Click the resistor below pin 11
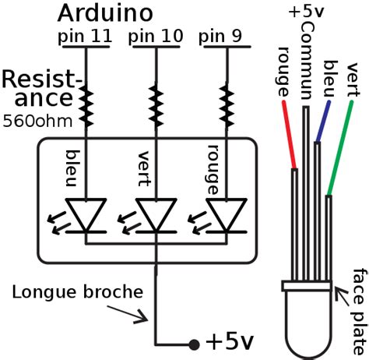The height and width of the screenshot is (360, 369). [x=84, y=108]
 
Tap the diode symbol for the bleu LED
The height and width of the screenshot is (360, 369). [x=84, y=215]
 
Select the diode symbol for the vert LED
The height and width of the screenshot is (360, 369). [x=156, y=215]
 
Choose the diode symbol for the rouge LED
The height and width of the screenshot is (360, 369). [x=227, y=215]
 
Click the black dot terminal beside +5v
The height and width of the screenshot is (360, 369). [x=193, y=344]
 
